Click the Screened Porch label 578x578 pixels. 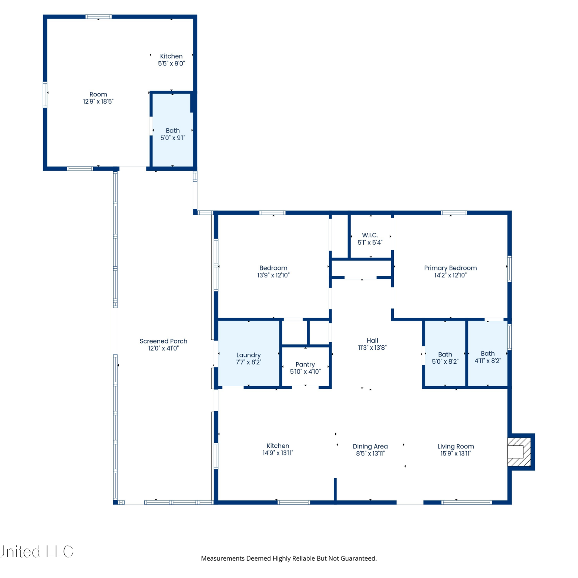pyautogui.click(x=163, y=341)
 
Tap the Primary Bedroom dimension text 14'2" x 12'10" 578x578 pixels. pyautogui.click(x=450, y=275)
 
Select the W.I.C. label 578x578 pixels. pyautogui.click(x=370, y=235)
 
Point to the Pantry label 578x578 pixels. pyautogui.click(x=305, y=365)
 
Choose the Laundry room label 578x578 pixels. pyautogui.click(x=249, y=355)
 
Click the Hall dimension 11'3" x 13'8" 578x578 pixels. pyautogui.click(x=372, y=348)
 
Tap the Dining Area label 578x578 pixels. pyautogui.click(x=370, y=446)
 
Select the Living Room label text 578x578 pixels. pyautogui.click(x=456, y=446)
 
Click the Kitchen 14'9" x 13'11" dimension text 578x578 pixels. pyautogui.click(x=278, y=453)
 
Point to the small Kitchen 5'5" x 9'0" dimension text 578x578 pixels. pyautogui.click(x=171, y=63)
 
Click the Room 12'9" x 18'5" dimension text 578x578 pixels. pyautogui.click(x=98, y=101)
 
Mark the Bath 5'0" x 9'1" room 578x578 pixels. pyautogui.click(x=173, y=130)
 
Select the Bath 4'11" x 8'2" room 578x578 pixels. pyautogui.click(x=487, y=353)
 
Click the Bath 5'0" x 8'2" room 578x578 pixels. pyautogui.click(x=445, y=353)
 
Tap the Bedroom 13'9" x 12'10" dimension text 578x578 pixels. pyautogui.click(x=273, y=275)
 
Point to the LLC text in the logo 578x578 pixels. pyautogui.click(x=60, y=551)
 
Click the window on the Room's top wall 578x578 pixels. pyautogui.click(x=98, y=17)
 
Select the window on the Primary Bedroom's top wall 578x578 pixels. pyautogui.click(x=454, y=213)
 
